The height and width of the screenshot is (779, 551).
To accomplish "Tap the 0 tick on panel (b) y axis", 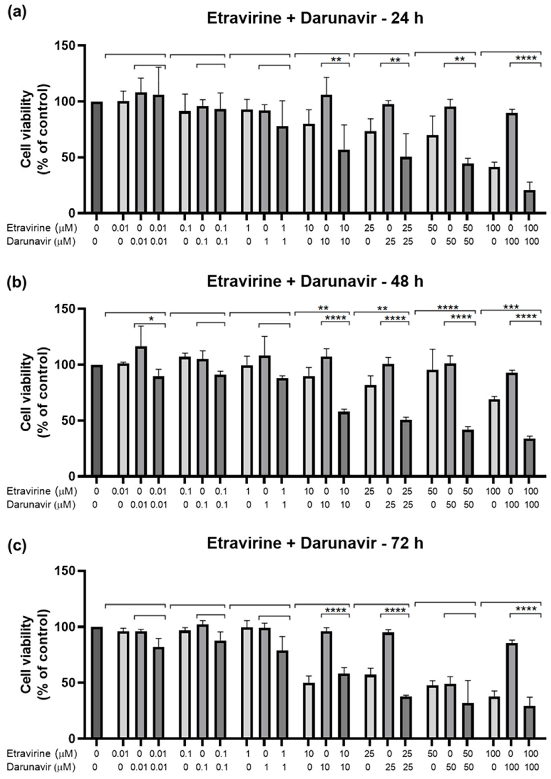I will (x=72, y=476).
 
